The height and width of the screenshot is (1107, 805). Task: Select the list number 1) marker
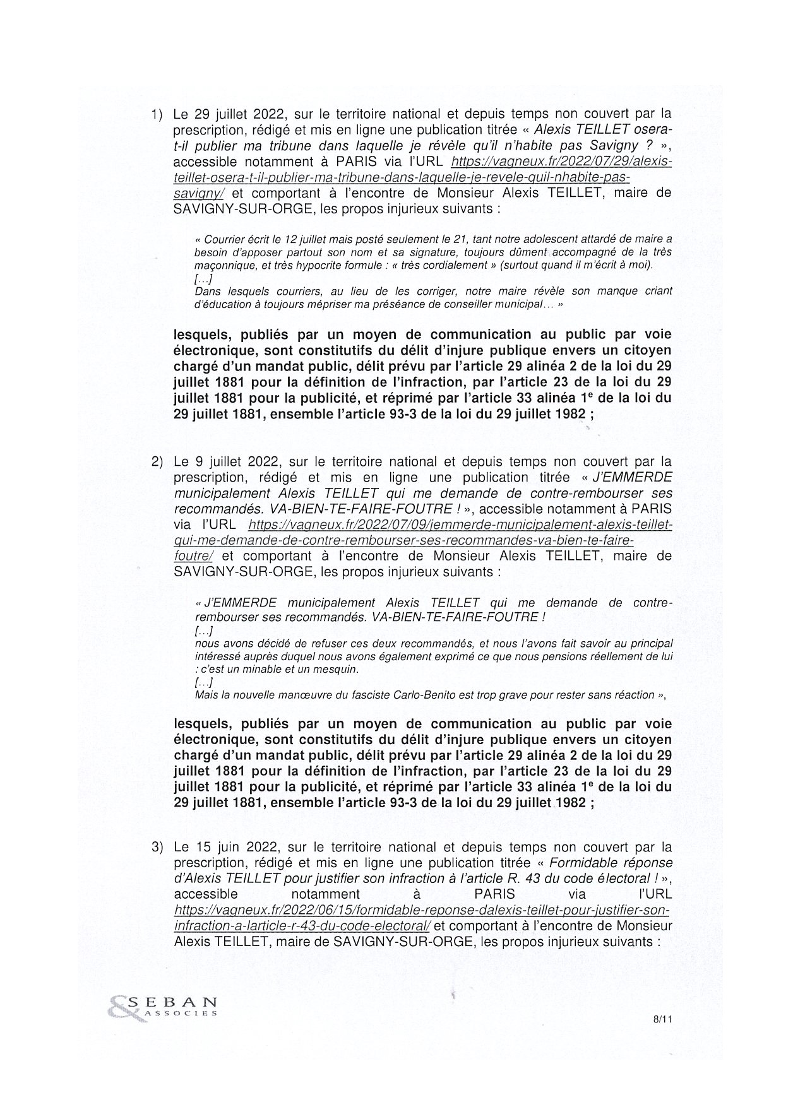(157, 114)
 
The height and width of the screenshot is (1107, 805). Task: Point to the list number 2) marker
(157, 462)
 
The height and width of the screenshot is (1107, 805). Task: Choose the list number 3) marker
(157, 847)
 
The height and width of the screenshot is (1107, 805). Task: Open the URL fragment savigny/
(198, 193)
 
